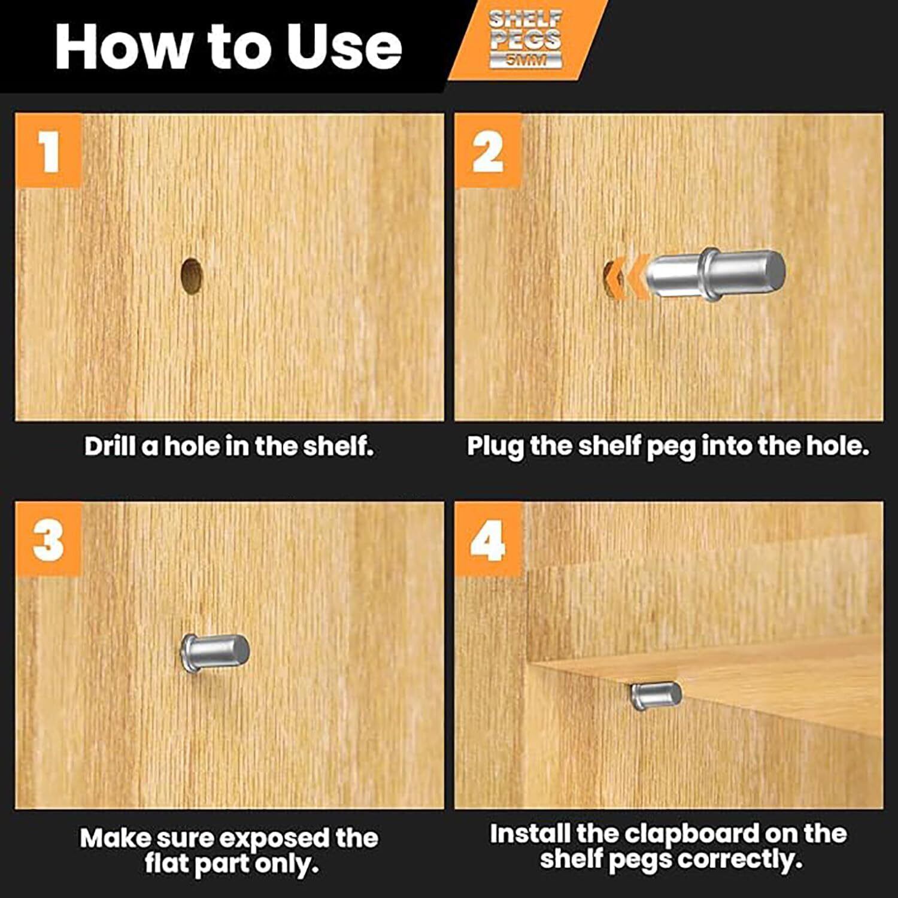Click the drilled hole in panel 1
tap(191, 276)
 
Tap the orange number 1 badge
tap(48, 150)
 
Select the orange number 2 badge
tap(488, 150)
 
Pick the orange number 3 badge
tap(48, 539)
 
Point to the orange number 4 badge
tap(488, 539)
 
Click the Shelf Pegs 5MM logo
tap(526, 38)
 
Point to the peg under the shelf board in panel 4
tap(656, 696)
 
